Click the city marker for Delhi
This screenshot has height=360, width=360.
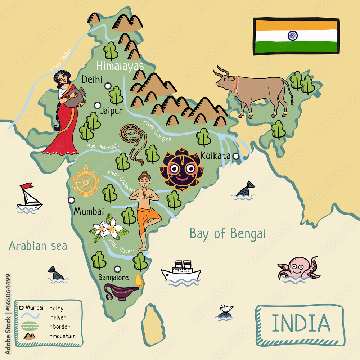pyautogui.click(x=108, y=86)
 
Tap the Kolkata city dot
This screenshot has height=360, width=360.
pyautogui.click(x=236, y=156)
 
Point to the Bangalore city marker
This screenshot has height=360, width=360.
pyautogui.click(x=117, y=269)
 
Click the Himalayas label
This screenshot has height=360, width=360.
pyautogui.click(x=120, y=66)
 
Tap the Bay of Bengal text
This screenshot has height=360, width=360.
pyautogui.click(x=227, y=234)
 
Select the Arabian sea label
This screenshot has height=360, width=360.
pyautogui.click(x=38, y=246)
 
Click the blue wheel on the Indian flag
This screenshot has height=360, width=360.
pyautogui.click(x=293, y=35)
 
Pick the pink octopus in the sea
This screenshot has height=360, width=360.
pyautogui.click(x=298, y=268)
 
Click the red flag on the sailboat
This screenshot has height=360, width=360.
pyautogui.click(x=27, y=186)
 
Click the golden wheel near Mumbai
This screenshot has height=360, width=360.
pyautogui.click(x=86, y=180)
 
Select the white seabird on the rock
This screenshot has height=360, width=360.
pyautogui.click(x=226, y=309)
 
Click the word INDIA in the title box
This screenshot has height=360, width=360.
pyautogui.click(x=300, y=323)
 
